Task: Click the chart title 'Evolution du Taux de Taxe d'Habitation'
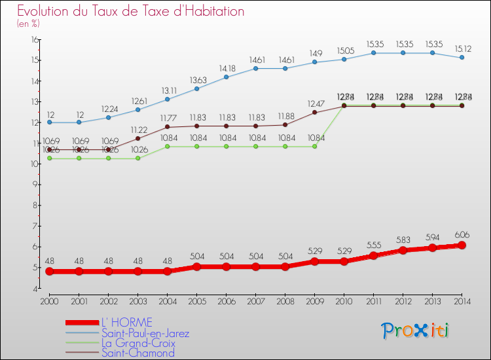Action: [130, 12]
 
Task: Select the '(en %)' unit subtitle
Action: [28, 24]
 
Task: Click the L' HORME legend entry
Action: [126, 322]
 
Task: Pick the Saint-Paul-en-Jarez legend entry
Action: [145, 333]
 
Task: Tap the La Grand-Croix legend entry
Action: [138, 343]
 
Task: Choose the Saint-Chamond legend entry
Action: [137, 353]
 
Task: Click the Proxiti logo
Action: [416, 331]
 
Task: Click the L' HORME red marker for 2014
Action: [462, 245]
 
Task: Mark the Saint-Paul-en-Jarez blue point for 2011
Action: [373, 52]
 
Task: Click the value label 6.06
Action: [462, 234]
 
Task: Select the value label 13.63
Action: [196, 81]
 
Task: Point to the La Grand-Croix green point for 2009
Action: [314, 146]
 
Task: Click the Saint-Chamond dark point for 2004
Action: [167, 127]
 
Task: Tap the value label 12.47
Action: [314, 103]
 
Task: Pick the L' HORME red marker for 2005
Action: [196, 266]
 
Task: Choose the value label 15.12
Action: [462, 48]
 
